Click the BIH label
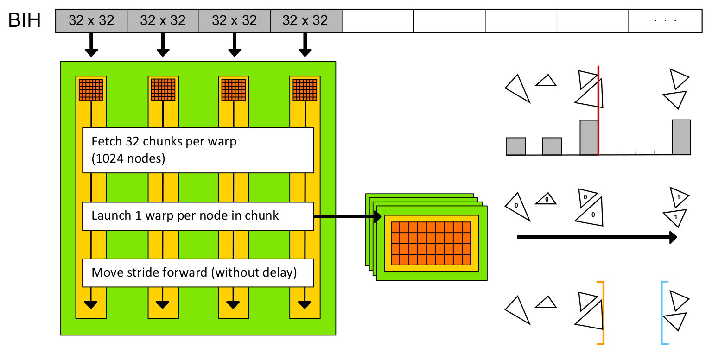tap(25, 21)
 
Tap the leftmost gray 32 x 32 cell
tap(91, 21)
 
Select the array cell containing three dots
tap(665, 21)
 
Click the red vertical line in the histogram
tap(598, 111)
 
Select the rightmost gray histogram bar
tap(681, 137)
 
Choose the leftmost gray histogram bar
tap(515, 146)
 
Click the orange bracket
tap(602, 313)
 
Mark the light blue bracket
tap(663, 313)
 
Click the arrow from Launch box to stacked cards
tap(348, 216)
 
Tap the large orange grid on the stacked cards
tap(431, 243)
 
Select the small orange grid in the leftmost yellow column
tap(91, 90)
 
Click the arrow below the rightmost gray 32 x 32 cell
tap(305, 45)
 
